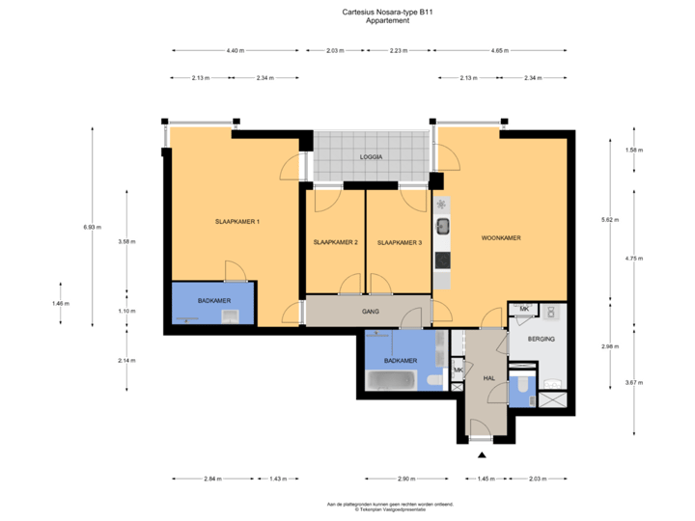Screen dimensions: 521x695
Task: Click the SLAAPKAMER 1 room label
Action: [237, 222]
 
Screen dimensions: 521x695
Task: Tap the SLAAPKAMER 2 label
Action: [336, 242]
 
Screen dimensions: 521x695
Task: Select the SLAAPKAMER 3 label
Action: [400, 242]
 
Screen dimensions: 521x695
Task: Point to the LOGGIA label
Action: [371, 155]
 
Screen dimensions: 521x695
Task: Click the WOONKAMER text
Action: [501, 237]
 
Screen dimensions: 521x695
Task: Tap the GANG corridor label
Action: [370, 312]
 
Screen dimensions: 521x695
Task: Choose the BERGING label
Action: [542, 340]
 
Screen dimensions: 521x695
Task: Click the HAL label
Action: [488, 378]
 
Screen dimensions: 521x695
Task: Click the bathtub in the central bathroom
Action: [391, 382]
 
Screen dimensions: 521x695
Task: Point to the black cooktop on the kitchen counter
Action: [442, 260]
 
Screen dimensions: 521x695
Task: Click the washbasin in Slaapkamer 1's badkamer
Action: [230, 315]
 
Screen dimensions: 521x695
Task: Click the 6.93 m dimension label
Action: [92, 226]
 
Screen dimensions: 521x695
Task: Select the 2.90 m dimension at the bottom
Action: [406, 479]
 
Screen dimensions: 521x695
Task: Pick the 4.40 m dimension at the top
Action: [234, 50]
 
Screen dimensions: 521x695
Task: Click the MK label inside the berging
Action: [524, 309]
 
